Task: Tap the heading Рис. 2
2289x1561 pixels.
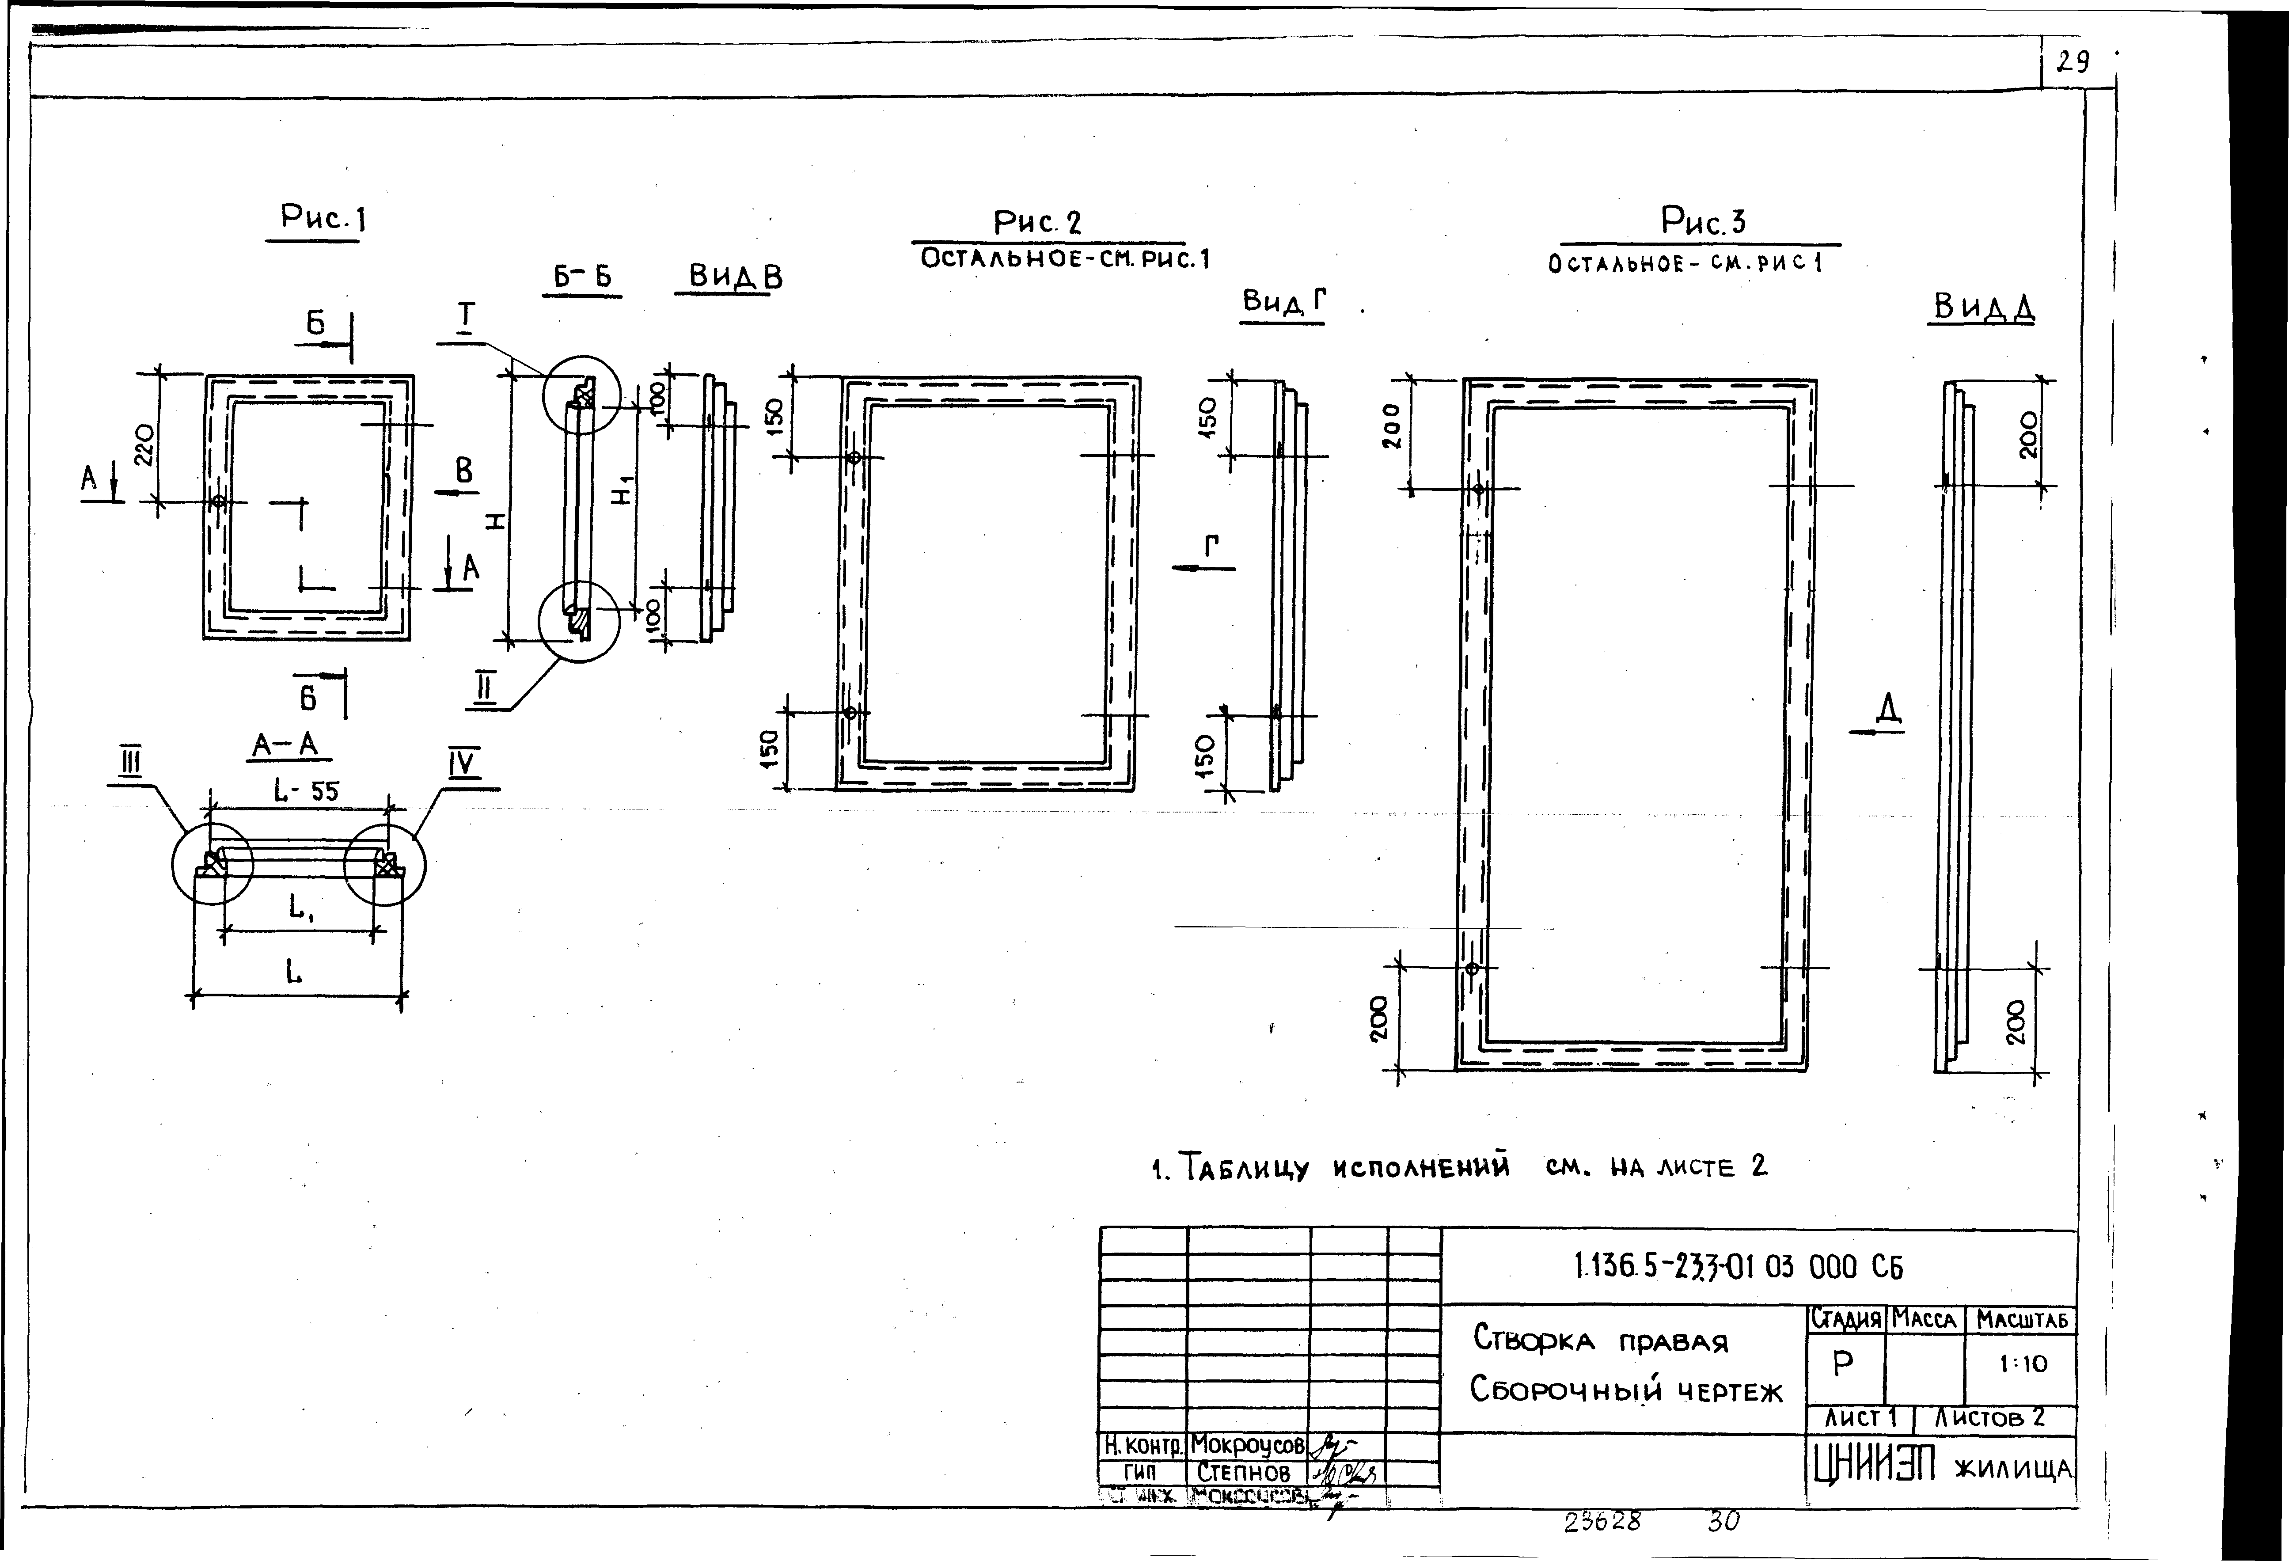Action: point(1037,223)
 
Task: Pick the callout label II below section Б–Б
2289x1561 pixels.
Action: point(484,689)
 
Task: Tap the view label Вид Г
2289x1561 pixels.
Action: point(1283,302)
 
